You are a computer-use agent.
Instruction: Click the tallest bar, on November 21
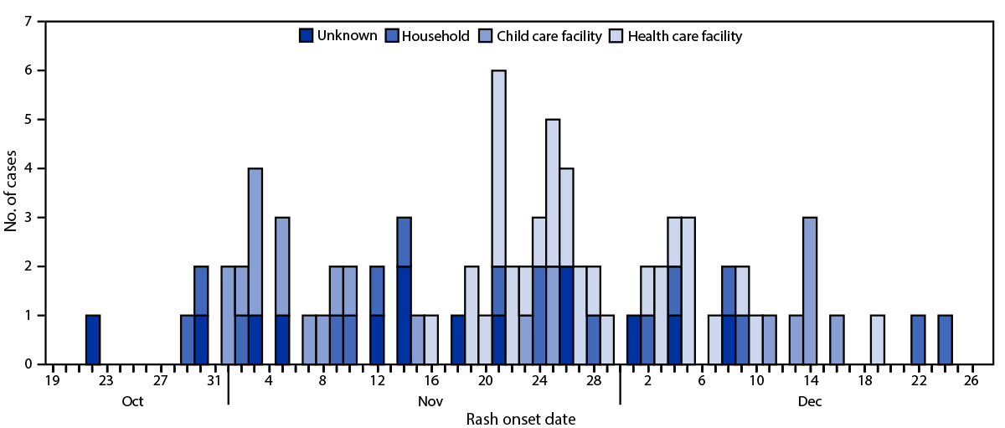498,218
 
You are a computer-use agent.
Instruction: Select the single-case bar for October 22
93,340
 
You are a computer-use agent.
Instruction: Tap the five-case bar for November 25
553,242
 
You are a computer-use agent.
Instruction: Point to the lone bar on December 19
877,340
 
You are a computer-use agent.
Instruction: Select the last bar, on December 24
945,340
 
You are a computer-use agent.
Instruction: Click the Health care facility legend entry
684,36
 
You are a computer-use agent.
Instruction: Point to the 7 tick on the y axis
28,22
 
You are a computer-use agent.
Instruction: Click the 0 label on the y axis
28,364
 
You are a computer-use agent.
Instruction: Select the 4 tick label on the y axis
28,168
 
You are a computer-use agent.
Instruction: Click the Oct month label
132,401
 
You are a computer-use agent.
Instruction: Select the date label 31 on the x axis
214,381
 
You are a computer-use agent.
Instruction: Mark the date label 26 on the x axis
971,381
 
